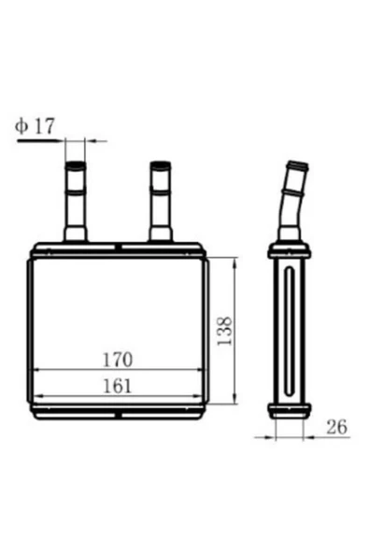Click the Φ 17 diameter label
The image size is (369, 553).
[x=35, y=126]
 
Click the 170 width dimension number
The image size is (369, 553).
[x=118, y=360]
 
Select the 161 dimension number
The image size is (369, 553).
[x=117, y=386]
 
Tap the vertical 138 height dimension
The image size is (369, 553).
[x=224, y=332]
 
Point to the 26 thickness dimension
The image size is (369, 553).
[x=336, y=427]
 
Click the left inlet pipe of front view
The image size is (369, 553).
[x=76, y=201]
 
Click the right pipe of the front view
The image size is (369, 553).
[x=161, y=201]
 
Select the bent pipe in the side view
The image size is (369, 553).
[x=293, y=201]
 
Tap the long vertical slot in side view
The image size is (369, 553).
[x=290, y=331]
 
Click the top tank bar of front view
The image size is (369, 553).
[x=118, y=249]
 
